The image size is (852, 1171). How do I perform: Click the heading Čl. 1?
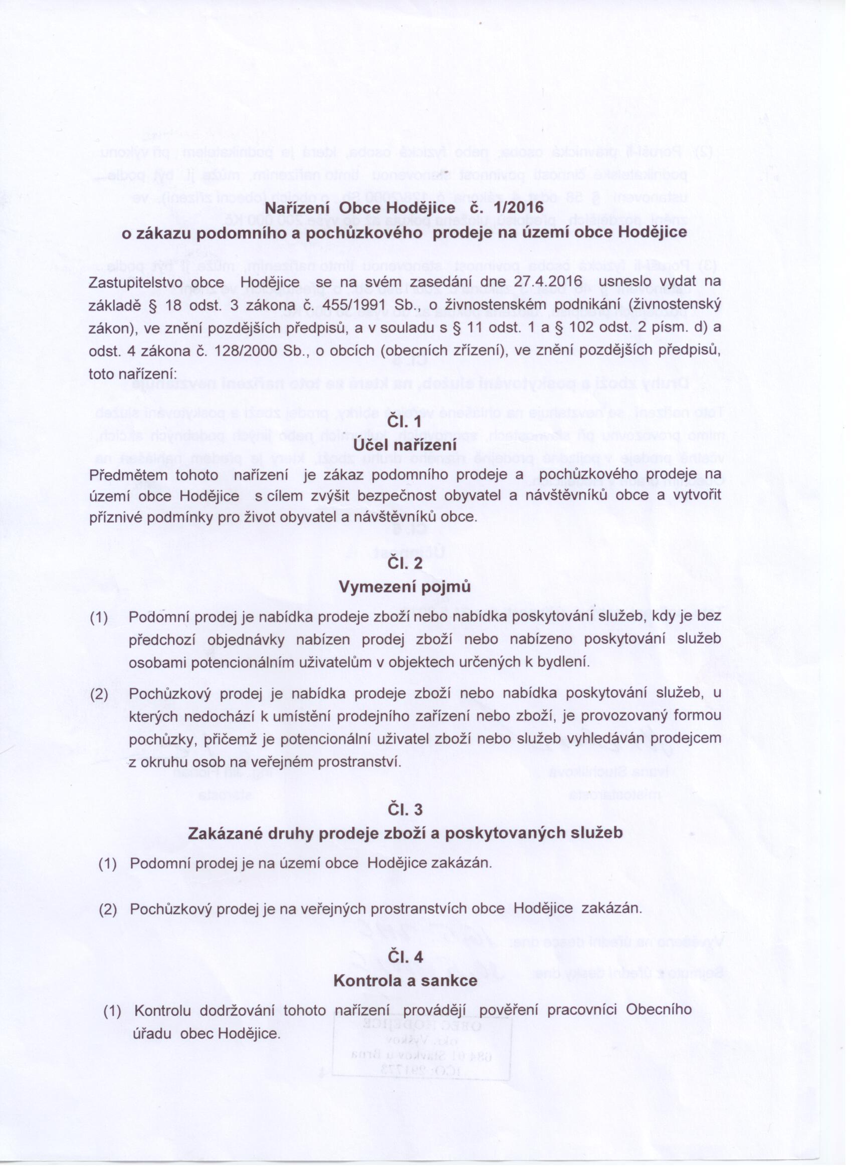404,423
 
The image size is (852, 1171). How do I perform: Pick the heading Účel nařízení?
404,445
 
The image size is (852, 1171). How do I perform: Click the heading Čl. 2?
404,563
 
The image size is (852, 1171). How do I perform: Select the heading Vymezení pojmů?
404,587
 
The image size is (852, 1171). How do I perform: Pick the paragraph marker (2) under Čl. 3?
107,909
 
